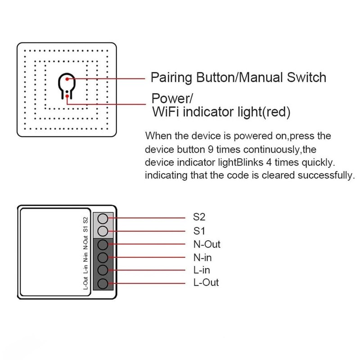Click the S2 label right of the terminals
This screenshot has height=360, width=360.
tap(199, 217)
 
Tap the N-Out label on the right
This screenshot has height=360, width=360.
tap(207, 245)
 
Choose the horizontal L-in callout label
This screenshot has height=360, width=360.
tap(201, 270)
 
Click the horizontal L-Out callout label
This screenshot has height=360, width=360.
tap(205, 283)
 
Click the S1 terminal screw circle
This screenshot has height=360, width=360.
tap(103, 232)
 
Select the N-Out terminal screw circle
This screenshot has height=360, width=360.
tap(103, 245)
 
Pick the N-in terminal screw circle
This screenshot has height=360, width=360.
tap(103, 258)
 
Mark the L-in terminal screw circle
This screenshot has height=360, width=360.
tap(103, 270)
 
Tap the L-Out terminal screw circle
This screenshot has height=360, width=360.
tap(103, 283)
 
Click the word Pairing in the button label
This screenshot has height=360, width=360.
tap(171, 78)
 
